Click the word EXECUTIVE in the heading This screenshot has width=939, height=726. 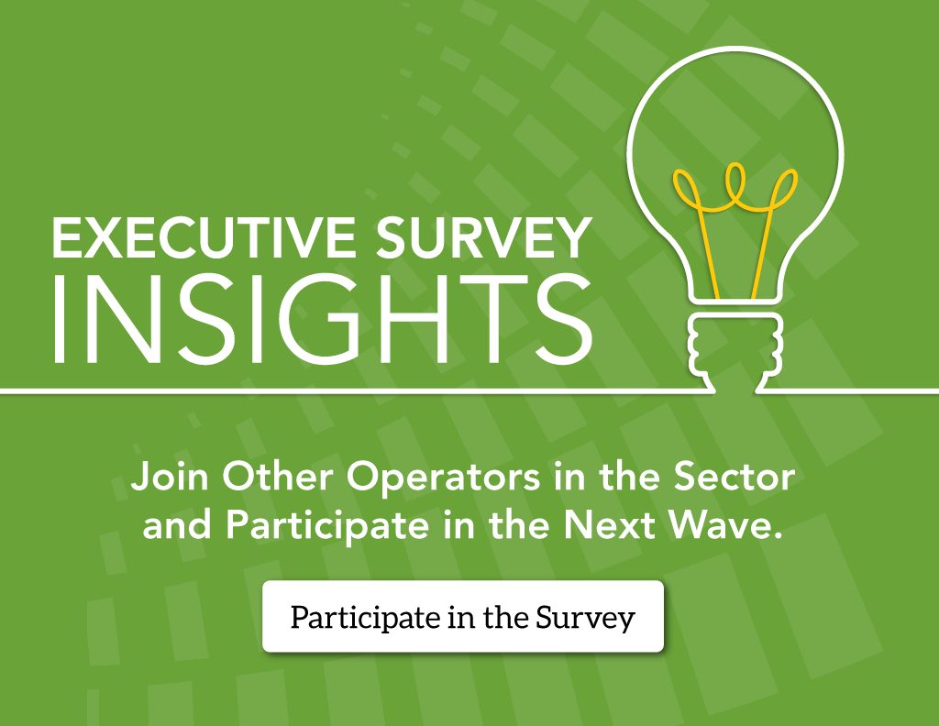pyautogui.click(x=204, y=237)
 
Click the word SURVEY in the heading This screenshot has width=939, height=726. pyautogui.click(x=484, y=237)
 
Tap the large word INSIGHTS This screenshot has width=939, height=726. pyautogui.click(x=322, y=319)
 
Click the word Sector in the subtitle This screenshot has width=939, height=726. pyautogui.click(x=735, y=477)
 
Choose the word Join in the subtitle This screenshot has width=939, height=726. pyautogui.click(x=170, y=477)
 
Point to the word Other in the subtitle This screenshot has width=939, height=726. pyautogui.click(x=278, y=477)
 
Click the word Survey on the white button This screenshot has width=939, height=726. pyautogui.click(x=585, y=618)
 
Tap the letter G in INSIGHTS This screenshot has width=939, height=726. pyautogui.click(x=320, y=319)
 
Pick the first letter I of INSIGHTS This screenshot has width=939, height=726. pyautogui.click(x=59, y=319)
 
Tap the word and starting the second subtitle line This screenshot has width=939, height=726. pyautogui.click(x=177, y=525)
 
